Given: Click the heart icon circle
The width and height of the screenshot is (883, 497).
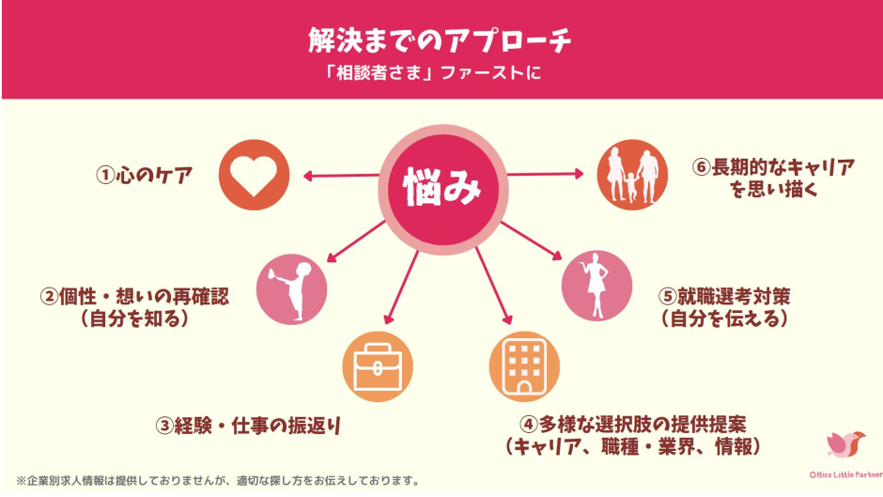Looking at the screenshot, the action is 255,175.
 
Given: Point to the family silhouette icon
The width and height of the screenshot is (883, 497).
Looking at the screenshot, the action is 634,175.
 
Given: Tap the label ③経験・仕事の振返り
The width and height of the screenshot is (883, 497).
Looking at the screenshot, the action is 247,425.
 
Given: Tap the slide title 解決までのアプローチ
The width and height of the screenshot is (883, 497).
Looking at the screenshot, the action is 441,39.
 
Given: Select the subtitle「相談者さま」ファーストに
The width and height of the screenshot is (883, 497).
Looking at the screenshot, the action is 441,72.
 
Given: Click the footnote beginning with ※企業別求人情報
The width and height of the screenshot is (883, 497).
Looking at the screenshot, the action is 217,480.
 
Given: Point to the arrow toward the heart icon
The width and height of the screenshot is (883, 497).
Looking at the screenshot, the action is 338,175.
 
